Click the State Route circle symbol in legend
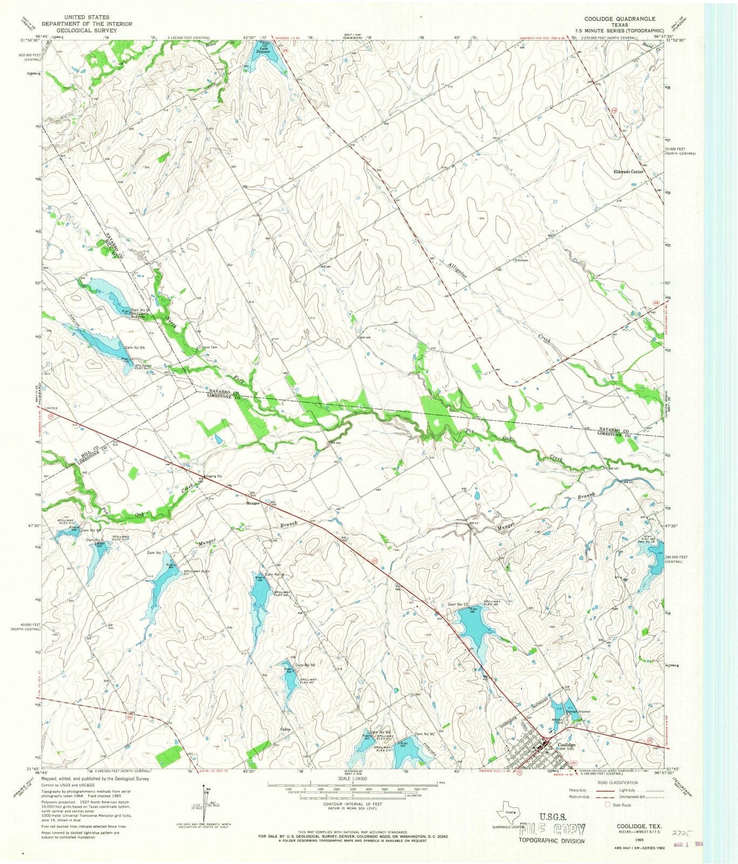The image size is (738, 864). pyautogui.click(x=608, y=805)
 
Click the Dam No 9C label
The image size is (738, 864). pyautogui.click(x=424, y=734)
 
